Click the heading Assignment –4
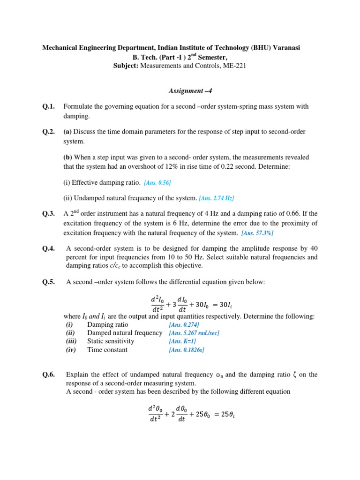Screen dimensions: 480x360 tap(180, 91)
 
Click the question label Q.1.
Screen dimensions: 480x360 tap(48, 107)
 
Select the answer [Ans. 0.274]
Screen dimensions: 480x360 tap(184, 325)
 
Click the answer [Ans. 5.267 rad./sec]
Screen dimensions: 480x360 tap(194, 333)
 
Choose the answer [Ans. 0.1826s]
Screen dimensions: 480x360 tap(187, 350)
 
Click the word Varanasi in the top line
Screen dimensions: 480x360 tap(285, 48)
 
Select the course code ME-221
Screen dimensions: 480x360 tap(233, 66)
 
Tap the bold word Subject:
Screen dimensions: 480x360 tap(126, 66)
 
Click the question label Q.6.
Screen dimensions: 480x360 tap(48, 375)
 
